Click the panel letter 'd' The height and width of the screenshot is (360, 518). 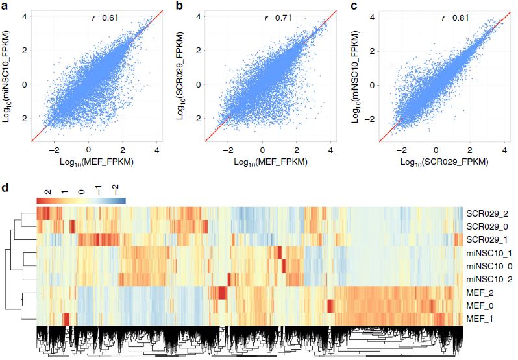pos(5,189)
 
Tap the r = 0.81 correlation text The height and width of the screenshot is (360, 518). pos(451,18)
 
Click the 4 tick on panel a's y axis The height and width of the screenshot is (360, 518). pos(25,16)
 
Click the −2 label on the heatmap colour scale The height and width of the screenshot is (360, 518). pos(116,191)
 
